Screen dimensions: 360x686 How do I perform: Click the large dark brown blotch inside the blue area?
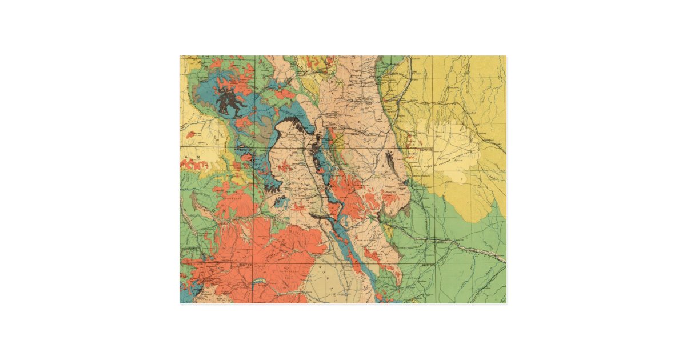tap(232, 102)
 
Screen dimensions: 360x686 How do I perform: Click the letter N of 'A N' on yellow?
tap(198, 155)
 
